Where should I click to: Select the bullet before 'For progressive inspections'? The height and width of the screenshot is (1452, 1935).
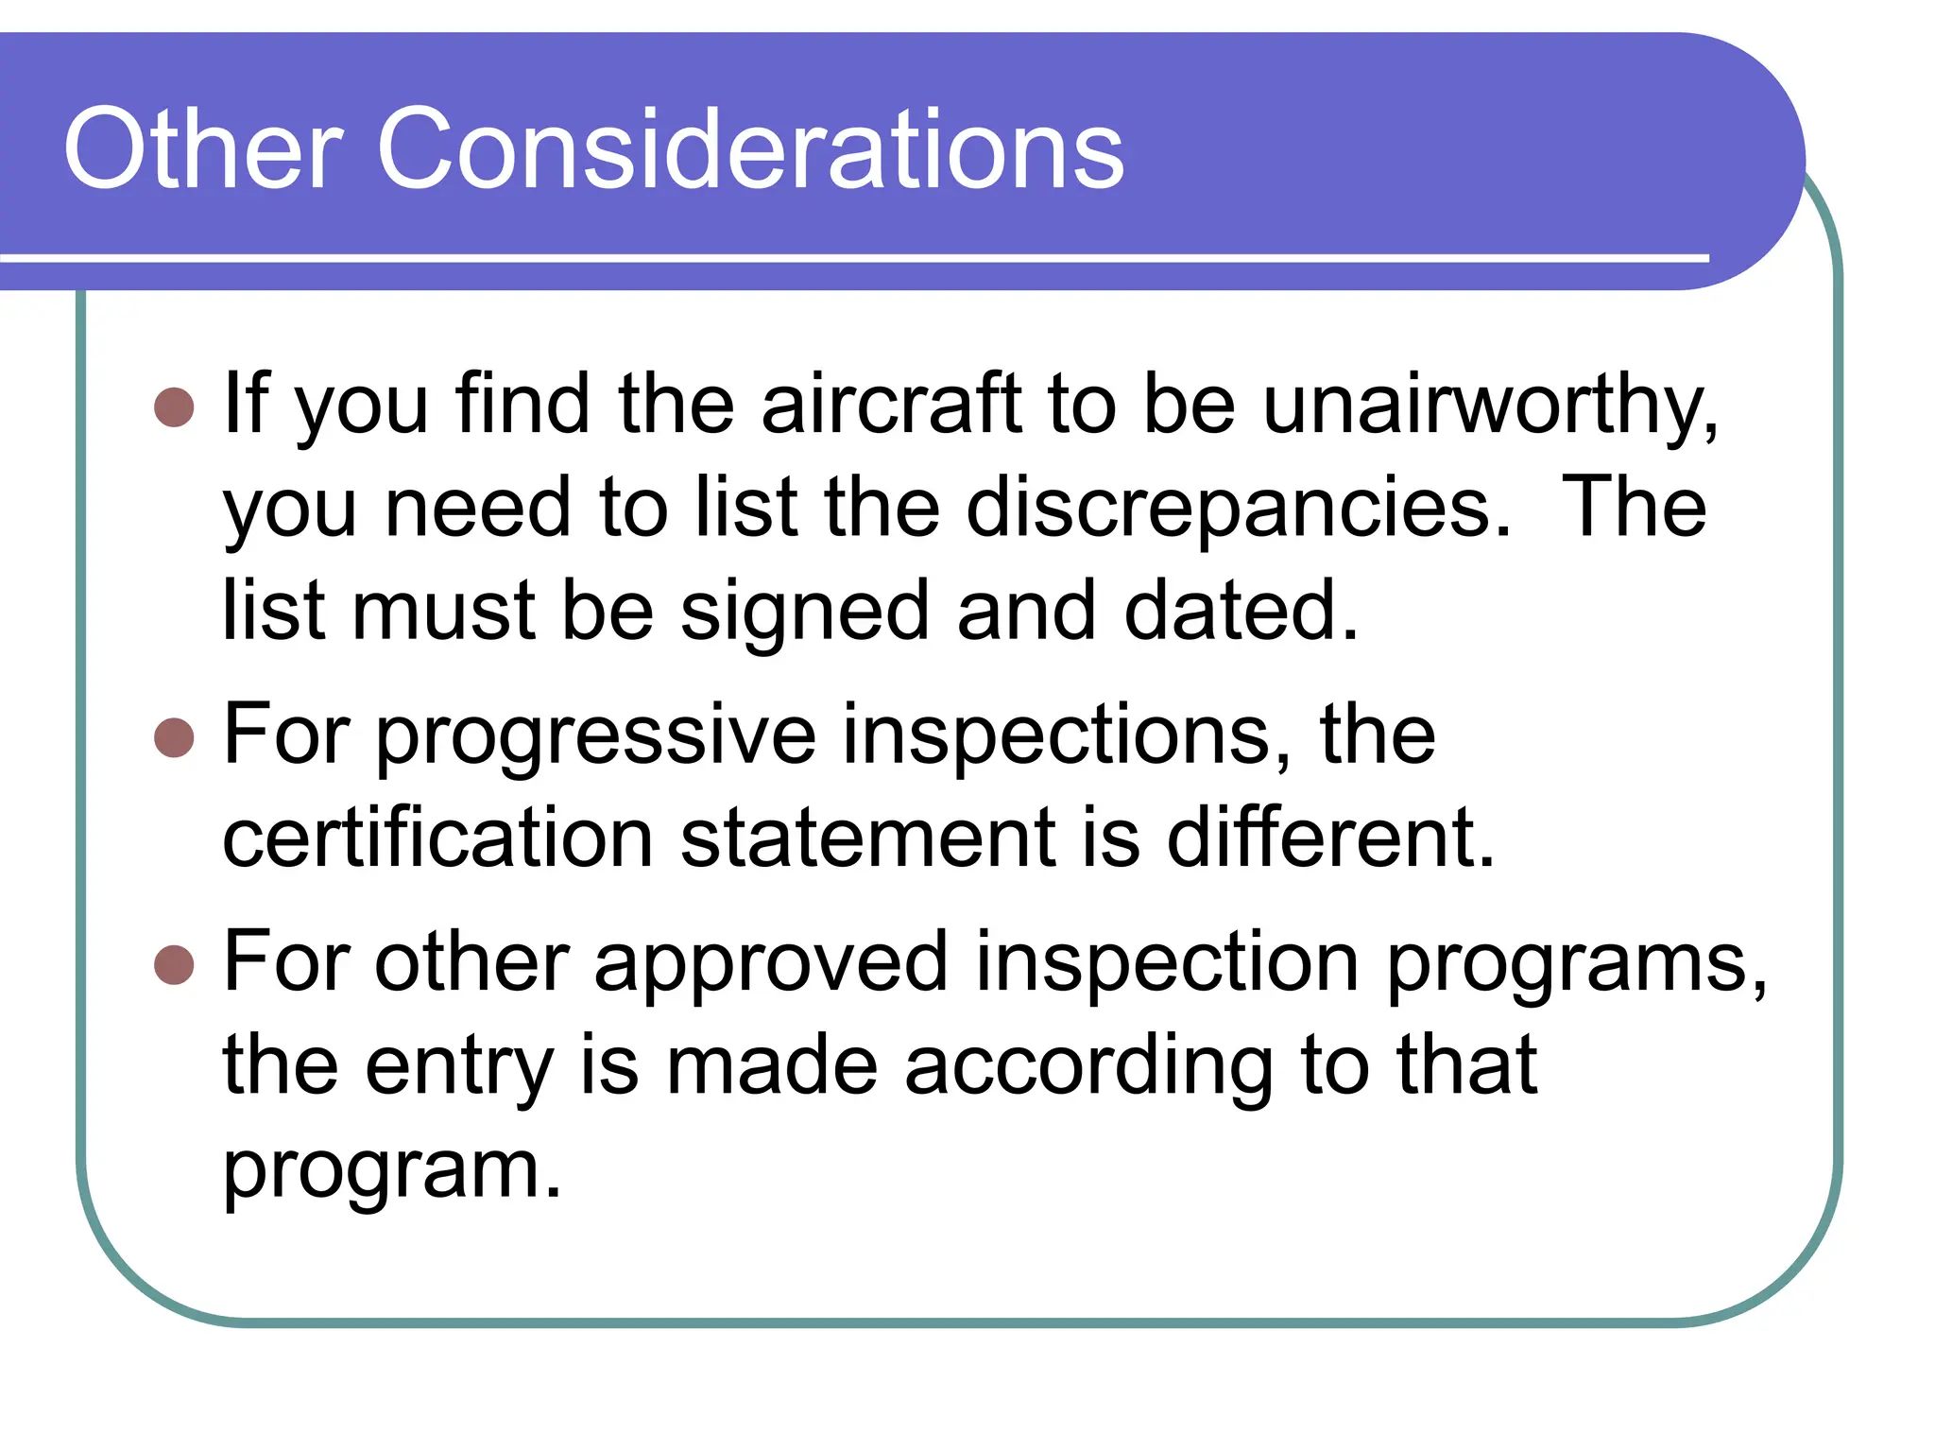point(174,737)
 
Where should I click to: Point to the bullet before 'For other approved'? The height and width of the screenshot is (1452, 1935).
point(174,964)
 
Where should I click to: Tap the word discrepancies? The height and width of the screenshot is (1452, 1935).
point(1239,509)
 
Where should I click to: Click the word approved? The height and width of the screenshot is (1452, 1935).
point(770,962)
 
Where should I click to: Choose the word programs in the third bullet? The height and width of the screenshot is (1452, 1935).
point(1576,962)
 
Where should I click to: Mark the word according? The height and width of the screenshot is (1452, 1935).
point(1087,1066)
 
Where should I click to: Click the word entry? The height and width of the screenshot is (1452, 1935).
point(459,1066)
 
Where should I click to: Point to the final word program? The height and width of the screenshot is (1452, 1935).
point(391,1170)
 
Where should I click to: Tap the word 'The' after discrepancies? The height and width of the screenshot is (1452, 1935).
point(1634,509)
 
